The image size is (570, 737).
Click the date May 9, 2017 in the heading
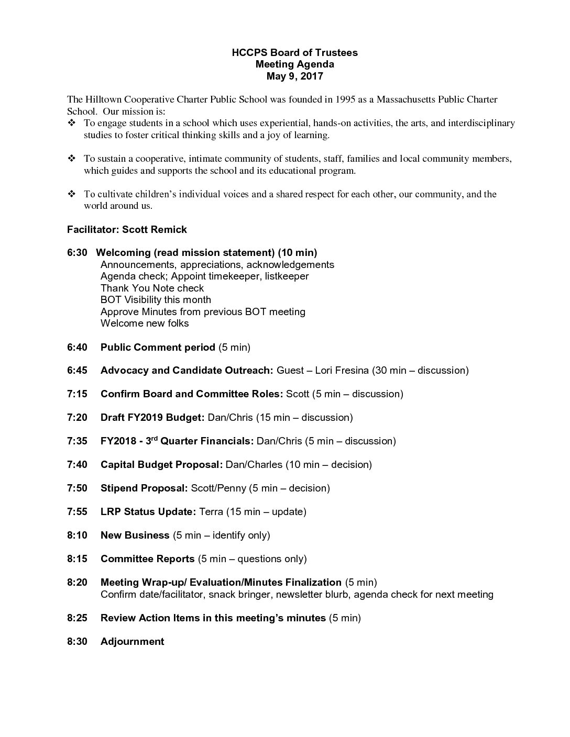(294, 76)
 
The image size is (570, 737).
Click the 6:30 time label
(77, 253)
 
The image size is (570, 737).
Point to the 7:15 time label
(77, 394)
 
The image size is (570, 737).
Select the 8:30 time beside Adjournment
(77, 641)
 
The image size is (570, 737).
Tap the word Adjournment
(132, 641)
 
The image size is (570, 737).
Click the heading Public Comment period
(158, 347)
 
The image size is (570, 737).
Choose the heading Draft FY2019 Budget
(152, 417)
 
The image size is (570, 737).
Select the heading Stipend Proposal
(144, 488)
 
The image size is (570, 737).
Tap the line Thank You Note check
(152, 288)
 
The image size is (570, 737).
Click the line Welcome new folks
(145, 323)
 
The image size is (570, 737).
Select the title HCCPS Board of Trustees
(294, 52)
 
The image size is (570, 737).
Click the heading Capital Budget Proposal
(161, 464)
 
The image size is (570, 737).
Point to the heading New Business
(135, 535)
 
